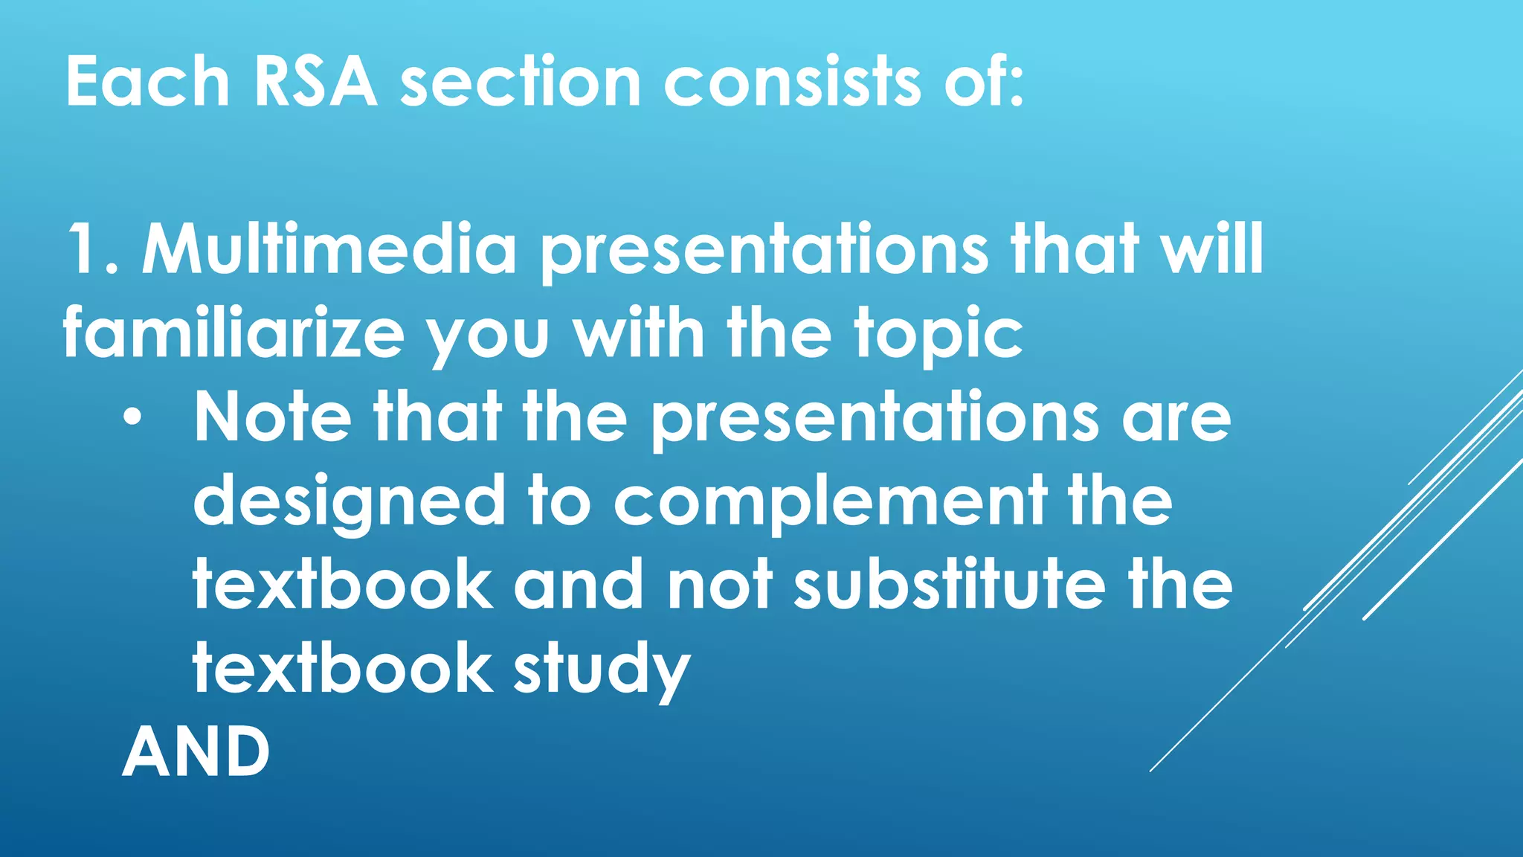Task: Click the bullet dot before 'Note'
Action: (x=132, y=418)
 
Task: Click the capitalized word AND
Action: (x=196, y=753)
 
